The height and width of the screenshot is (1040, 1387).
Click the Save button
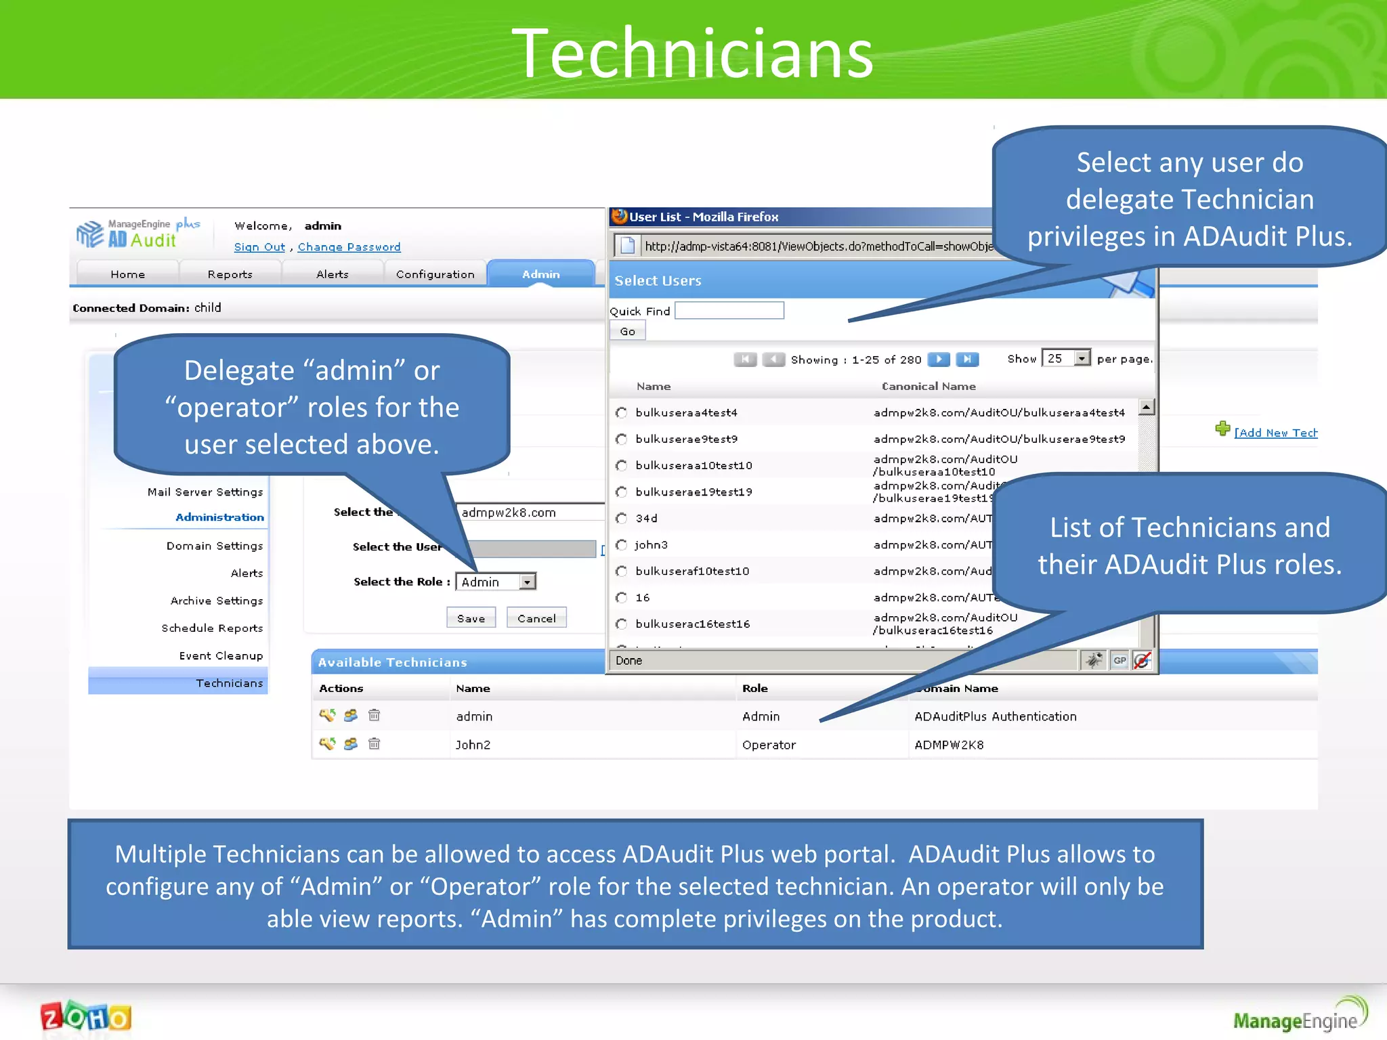point(471,618)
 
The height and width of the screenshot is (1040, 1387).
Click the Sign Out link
point(259,247)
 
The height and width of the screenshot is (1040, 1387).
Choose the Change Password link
point(349,247)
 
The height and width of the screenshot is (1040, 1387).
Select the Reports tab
point(230,274)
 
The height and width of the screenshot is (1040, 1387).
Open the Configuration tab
point(435,274)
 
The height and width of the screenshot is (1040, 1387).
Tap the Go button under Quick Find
point(627,331)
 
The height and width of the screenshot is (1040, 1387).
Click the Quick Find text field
point(729,311)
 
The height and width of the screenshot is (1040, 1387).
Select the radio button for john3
point(621,545)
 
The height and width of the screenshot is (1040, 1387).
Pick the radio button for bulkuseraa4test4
point(621,412)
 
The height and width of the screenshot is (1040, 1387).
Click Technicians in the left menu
point(229,683)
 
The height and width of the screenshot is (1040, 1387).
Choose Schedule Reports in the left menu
point(212,628)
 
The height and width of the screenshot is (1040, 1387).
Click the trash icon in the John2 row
point(374,744)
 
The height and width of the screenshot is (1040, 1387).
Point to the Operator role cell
point(769,745)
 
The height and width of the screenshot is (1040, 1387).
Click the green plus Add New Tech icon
point(1222,429)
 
